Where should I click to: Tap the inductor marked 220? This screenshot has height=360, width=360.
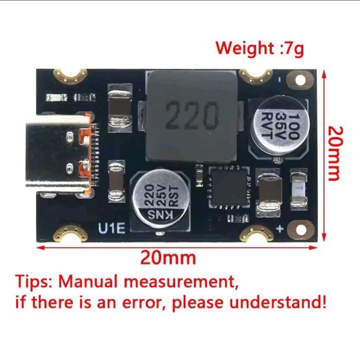[x=191, y=116]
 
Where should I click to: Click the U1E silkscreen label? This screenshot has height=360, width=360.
[x=112, y=228]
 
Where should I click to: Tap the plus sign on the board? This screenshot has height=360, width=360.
[x=280, y=229]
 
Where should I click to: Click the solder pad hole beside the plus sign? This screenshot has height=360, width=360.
[x=301, y=230]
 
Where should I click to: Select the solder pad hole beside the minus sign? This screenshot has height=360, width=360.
[x=300, y=80]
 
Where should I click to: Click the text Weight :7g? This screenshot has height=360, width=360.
[x=260, y=49]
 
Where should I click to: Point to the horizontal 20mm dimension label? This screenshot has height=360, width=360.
[x=168, y=258]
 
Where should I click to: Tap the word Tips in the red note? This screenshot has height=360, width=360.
[x=34, y=282]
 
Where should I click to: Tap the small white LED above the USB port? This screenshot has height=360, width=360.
[x=56, y=98]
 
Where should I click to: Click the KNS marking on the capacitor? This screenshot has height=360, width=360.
[x=160, y=215]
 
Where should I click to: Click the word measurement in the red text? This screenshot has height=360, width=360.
[x=180, y=282]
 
